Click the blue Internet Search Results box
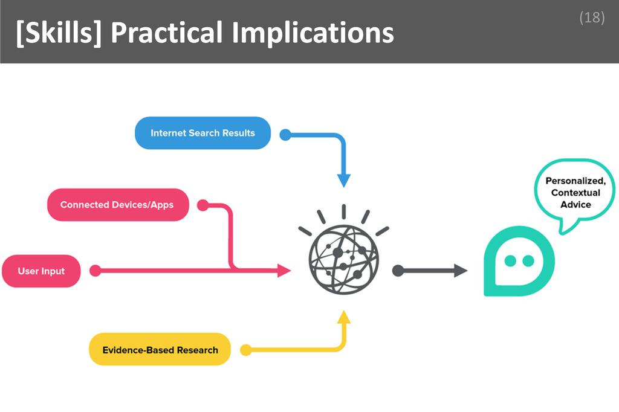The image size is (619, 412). click(203, 133)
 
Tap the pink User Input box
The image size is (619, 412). click(41, 271)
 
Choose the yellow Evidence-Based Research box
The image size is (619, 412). click(160, 349)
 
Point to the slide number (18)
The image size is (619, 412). click(592, 18)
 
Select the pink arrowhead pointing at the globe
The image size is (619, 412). click(284, 271)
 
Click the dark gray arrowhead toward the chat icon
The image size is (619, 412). click(460, 271)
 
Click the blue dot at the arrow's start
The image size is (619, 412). click(285, 135)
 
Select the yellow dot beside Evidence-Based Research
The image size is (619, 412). click(245, 350)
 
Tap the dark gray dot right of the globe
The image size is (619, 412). click(398, 271)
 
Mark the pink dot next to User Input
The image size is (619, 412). click(95, 271)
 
